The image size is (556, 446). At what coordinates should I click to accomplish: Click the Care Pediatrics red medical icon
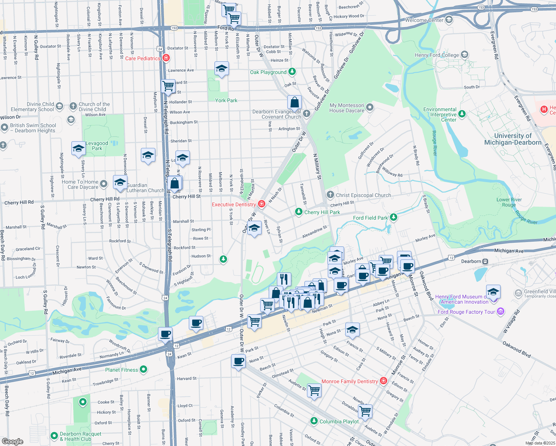tap(166, 58)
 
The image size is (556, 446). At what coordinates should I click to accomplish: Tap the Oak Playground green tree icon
tap(292, 71)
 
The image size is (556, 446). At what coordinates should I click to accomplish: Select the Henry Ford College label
tap(437, 55)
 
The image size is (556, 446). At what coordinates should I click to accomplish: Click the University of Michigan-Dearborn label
tap(513, 139)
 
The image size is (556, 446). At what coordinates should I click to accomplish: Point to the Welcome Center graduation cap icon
tap(449, 19)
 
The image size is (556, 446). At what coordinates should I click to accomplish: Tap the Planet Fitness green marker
tap(143, 369)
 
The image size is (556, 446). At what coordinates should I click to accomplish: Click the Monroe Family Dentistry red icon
tap(384, 381)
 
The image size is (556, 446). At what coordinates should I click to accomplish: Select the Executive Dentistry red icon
tap(262, 204)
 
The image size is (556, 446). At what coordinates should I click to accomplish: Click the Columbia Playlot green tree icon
tap(314, 421)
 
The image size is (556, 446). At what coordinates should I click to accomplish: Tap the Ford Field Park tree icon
tap(393, 217)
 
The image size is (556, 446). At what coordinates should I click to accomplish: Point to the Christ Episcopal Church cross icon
tap(330, 195)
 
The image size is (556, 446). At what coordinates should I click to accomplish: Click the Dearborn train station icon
tap(485, 261)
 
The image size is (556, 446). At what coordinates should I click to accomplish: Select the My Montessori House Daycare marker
tap(369, 107)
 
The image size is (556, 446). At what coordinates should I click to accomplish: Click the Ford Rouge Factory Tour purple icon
tap(501, 311)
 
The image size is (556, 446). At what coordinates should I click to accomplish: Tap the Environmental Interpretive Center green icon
tap(462, 114)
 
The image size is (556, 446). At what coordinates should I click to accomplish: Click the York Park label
tap(226, 100)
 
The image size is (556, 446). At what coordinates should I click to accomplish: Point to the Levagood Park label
tap(97, 146)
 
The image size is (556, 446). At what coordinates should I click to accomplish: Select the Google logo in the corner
tap(13, 441)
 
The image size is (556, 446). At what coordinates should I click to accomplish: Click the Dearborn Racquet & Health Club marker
tap(54, 435)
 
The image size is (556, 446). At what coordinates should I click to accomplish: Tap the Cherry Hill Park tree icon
tap(298, 211)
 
